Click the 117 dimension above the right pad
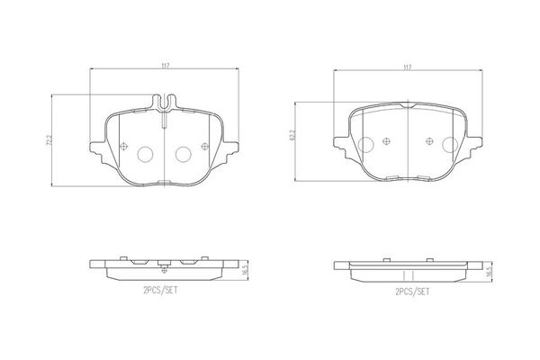407,67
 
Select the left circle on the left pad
145,154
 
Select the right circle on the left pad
183,154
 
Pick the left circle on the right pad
365,145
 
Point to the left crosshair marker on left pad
123,147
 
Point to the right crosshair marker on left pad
204,147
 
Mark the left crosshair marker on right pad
386,139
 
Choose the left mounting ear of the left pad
96,146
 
